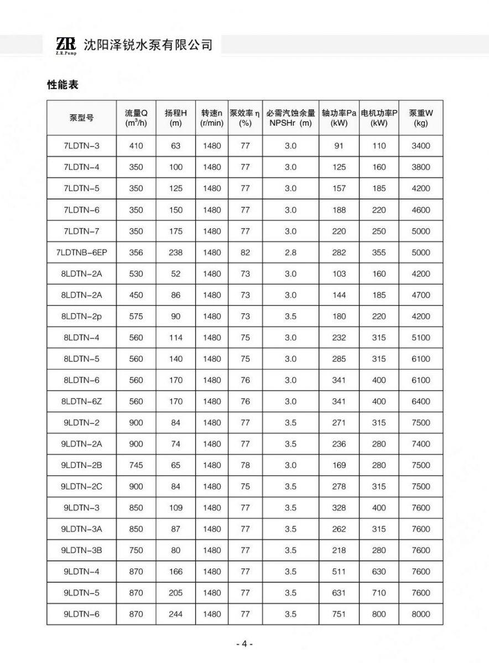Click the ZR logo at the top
tap(65, 45)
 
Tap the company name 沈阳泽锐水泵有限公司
tap(148, 45)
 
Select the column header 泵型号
tap(81, 118)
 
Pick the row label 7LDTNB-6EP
tap(81, 252)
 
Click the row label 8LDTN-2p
tap(81, 316)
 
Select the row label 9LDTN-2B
tap(81, 465)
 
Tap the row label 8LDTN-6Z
tap(81, 401)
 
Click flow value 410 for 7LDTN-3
tap(136, 146)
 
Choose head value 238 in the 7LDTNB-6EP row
tap(176, 252)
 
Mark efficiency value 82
tap(245, 252)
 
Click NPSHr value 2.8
tap(290, 252)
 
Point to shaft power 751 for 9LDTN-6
tap(339, 614)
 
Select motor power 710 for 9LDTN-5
tap(379, 593)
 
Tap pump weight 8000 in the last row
tap(420, 614)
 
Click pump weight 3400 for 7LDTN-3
tap(420, 146)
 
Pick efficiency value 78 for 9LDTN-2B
tap(245, 465)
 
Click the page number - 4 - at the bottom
tap(244, 644)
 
